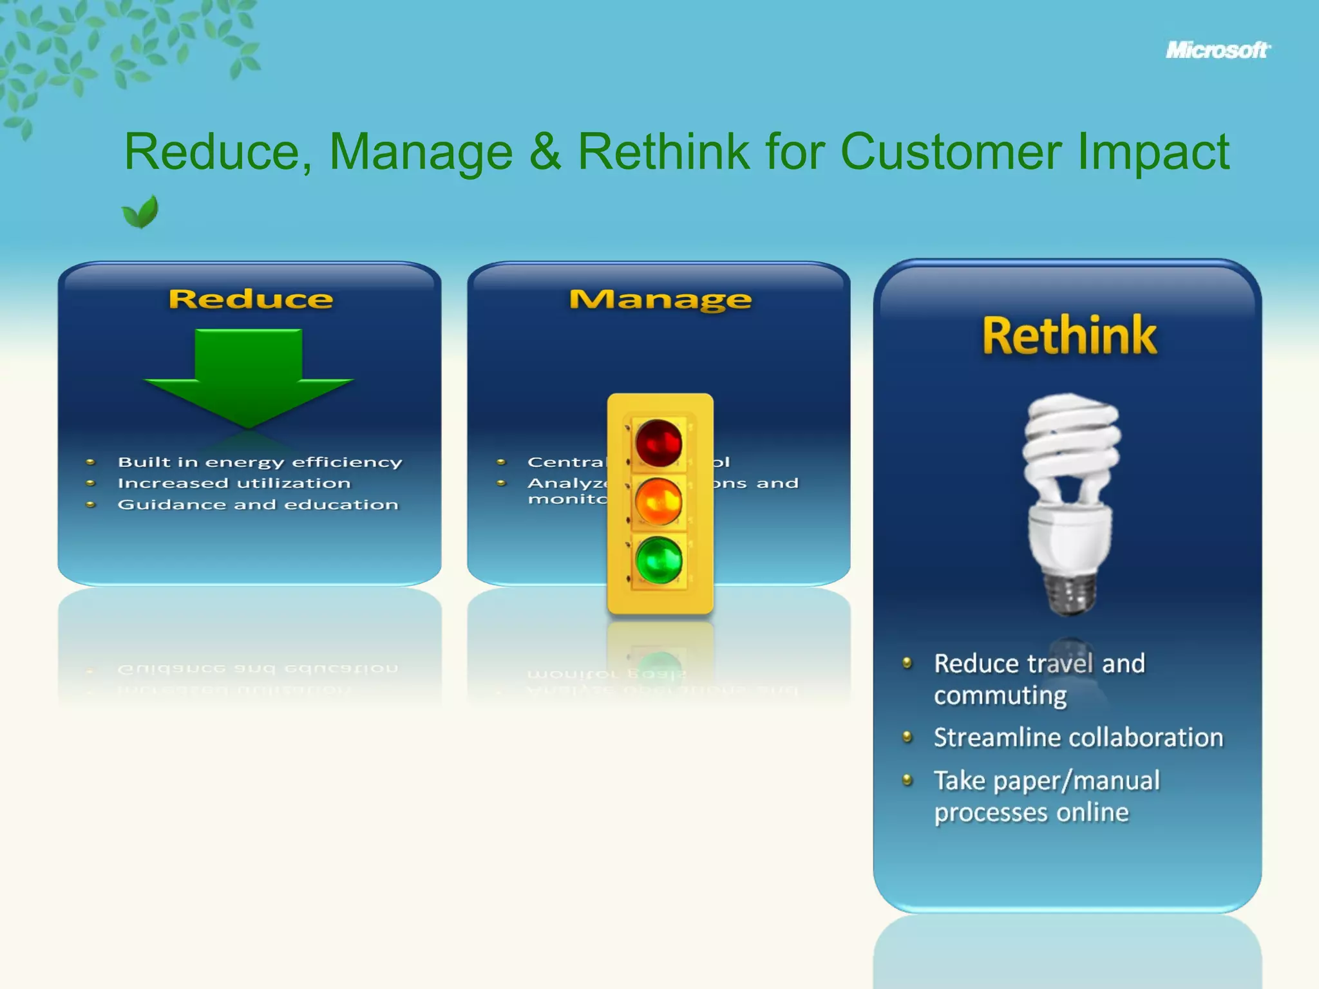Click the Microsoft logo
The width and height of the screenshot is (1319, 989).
tap(1217, 50)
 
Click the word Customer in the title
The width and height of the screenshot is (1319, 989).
tap(951, 152)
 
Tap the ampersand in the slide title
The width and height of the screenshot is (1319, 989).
tap(545, 152)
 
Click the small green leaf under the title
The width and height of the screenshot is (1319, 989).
tap(140, 212)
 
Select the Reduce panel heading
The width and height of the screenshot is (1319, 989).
tap(251, 299)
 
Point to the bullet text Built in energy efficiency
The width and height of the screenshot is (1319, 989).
tap(260, 462)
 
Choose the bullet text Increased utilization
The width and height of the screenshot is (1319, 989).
tap(234, 484)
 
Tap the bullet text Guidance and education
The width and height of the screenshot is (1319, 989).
tap(258, 505)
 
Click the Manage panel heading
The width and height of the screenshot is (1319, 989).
tap(660, 299)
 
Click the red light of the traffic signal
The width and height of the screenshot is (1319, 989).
tap(658, 443)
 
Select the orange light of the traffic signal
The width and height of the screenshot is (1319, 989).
tap(658, 502)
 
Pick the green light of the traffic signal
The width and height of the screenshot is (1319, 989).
tap(658, 560)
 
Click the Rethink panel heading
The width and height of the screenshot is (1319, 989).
tap(1069, 336)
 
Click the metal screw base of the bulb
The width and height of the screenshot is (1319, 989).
tap(1070, 591)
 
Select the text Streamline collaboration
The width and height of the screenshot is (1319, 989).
tap(1078, 738)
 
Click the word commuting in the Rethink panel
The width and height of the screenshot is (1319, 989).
tap(1000, 696)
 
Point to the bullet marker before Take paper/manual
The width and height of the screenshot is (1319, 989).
tap(907, 780)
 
